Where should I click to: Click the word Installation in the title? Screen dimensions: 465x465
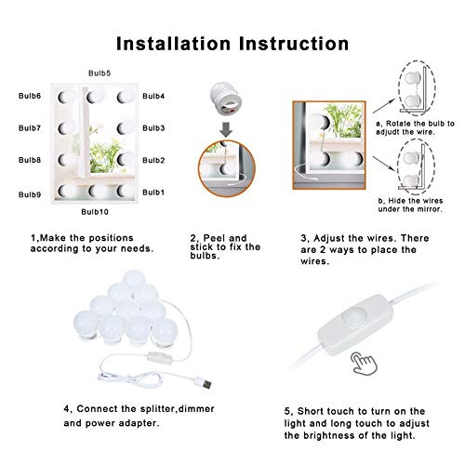(x=173, y=44)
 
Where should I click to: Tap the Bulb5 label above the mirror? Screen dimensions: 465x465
(x=100, y=73)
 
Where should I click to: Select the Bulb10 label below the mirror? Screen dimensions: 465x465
(x=95, y=212)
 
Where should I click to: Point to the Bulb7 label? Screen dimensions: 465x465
(x=30, y=128)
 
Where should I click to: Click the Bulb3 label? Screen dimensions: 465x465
(x=153, y=128)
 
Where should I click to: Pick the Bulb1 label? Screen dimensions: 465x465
(x=153, y=193)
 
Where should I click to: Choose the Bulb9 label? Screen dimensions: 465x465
(x=30, y=194)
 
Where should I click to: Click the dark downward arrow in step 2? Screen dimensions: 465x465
(x=226, y=129)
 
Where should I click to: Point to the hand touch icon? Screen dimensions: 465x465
(x=364, y=364)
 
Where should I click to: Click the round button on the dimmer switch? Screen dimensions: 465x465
(x=354, y=316)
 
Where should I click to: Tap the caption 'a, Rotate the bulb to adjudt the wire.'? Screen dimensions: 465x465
(x=416, y=127)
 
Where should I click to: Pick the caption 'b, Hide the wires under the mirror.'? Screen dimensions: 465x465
(x=410, y=205)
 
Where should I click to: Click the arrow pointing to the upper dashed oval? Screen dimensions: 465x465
(x=384, y=106)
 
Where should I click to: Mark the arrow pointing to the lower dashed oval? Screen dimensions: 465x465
(x=384, y=164)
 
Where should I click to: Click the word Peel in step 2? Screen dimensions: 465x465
(x=214, y=238)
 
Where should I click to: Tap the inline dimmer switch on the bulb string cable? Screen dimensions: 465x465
(x=159, y=358)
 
